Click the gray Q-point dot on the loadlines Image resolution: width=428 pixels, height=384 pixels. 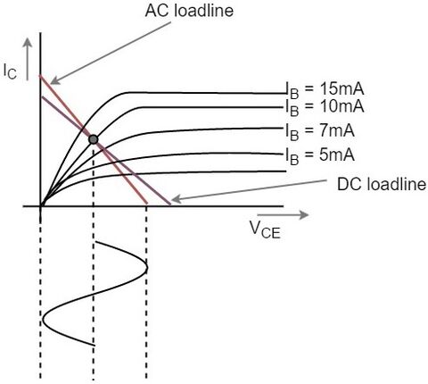[94, 139]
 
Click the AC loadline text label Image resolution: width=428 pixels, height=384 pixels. [189, 11]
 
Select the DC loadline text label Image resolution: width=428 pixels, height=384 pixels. [382, 185]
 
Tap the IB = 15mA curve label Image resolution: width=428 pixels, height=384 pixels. [325, 90]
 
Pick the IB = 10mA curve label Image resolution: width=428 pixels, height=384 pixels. [325, 107]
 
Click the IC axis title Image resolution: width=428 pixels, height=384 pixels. [10, 71]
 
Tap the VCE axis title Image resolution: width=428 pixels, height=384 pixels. [265, 230]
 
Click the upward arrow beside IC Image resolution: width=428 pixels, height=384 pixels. [28, 59]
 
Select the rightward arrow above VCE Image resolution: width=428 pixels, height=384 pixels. [283, 214]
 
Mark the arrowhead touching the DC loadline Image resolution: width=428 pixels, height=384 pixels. [177, 200]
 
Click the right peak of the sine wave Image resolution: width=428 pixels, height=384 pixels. [147, 267]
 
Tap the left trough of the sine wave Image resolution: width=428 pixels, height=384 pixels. [43, 319]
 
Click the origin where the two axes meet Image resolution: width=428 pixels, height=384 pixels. [40, 205]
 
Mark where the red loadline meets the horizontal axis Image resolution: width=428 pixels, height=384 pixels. [147, 205]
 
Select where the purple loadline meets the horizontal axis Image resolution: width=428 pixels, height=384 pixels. [170, 205]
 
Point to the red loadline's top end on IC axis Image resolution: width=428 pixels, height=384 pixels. [40, 76]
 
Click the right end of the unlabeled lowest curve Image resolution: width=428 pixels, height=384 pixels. [285, 171]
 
